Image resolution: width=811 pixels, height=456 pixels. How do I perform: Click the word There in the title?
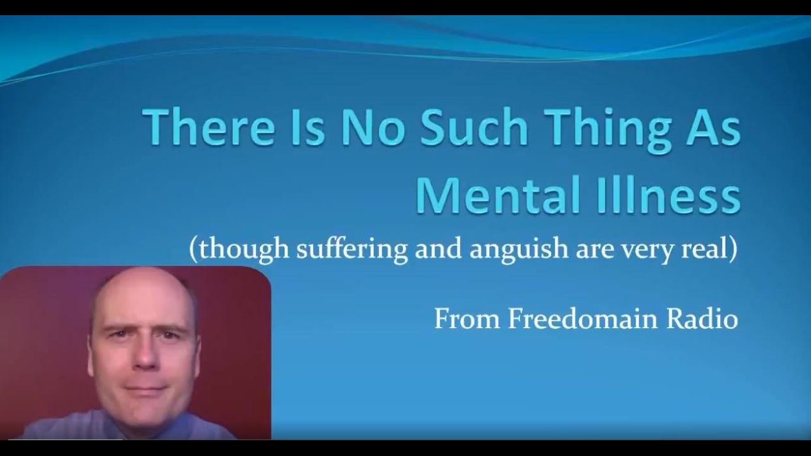208,127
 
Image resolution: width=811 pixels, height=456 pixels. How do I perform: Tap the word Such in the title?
474,127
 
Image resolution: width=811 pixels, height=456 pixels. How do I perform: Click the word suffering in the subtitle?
352,250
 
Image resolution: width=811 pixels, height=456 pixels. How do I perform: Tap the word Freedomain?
582,319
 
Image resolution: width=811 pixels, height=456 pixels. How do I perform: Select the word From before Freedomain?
467,319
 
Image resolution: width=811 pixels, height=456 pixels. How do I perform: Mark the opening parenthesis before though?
193,250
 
